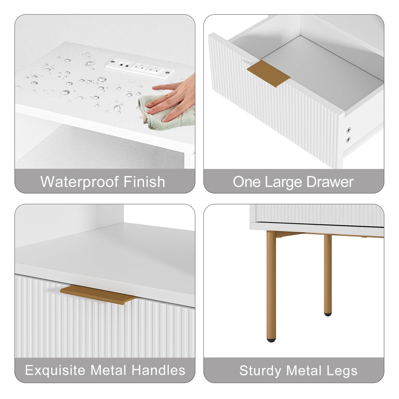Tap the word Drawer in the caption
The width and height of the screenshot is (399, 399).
point(330,182)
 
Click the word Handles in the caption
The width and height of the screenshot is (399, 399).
point(158,370)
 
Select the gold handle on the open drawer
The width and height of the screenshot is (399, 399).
point(269,73)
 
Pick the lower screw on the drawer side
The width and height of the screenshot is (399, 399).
point(348,139)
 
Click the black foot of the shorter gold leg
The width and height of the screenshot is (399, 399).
point(328,314)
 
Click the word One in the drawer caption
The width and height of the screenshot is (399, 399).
point(246,182)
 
